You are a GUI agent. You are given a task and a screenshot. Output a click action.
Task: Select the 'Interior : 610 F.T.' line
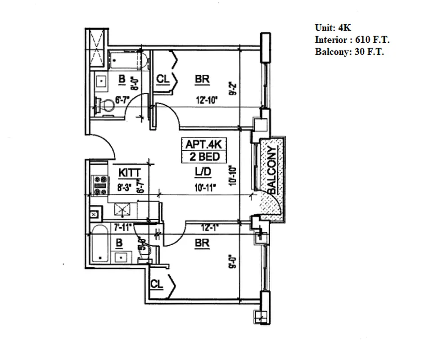click(x=352, y=40)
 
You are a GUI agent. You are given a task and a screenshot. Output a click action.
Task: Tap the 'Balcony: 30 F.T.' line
click(x=349, y=52)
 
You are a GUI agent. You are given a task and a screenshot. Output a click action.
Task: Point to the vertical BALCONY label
click(x=271, y=171)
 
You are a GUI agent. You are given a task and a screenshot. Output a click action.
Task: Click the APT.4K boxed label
click(x=204, y=145)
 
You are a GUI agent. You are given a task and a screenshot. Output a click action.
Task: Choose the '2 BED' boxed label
click(x=204, y=157)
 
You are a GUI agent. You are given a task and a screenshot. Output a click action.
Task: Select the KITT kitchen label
click(x=130, y=172)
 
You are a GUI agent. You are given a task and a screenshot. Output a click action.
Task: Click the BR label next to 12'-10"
click(x=203, y=80)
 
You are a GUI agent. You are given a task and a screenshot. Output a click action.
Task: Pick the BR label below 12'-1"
click(x=202, y=243)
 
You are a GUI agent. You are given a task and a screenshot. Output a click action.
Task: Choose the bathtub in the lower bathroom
click(x=99, y=246)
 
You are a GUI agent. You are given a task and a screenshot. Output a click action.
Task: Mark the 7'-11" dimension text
click(x=122, y=227)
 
